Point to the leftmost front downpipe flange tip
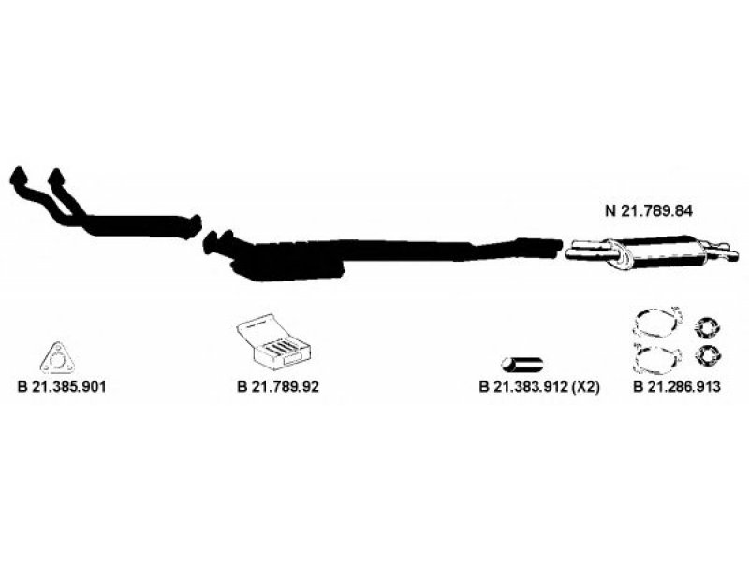click(x=18, y=176)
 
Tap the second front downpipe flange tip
click(x=55, y=175)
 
